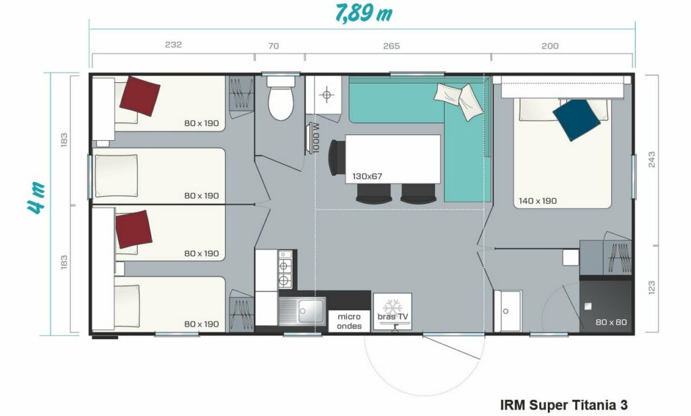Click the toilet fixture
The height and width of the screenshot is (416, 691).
click(x=281, y=98)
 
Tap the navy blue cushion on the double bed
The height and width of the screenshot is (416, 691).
click(x=576, y=120)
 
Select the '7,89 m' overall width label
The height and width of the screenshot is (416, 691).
click(x=364, y=13)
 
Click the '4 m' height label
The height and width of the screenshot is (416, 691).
click(x=37, y=198)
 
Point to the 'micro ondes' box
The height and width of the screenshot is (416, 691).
click(x=349, y=322)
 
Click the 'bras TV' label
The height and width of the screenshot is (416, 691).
click(x=393, y=316)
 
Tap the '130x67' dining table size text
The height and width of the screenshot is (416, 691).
click(x=367, y=176)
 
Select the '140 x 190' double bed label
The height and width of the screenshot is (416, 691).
click(x=538, y=201)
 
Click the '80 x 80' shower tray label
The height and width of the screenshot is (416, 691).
click(x=611, y=322)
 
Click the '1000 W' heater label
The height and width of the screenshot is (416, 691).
click(x=316, y=138)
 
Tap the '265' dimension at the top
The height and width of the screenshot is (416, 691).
click(x=391, y=46)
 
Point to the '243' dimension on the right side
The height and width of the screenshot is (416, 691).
click(x=651, y=159)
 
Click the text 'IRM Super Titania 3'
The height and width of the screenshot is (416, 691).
click(x=564, y=405)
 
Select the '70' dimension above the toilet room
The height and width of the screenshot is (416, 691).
click(x=273, y=46)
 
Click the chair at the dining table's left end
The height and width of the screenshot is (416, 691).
click(x=337, y=158)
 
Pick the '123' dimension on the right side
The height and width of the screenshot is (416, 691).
click(x=651, y=287)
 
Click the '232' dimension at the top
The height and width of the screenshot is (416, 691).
click(x=173, y=44)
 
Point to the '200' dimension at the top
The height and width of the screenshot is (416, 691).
click(x=550, y=46)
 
